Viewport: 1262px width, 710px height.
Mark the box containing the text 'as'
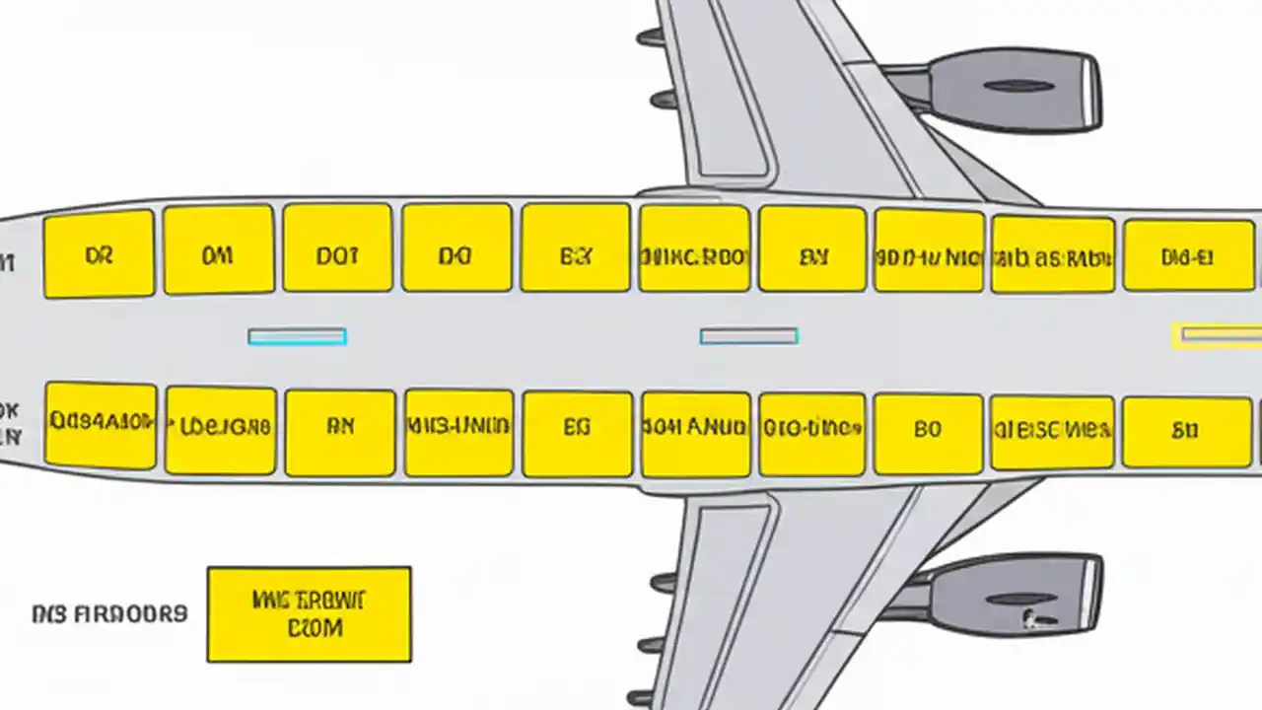[1052, 255]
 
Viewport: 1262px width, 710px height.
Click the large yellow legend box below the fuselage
[309, 613]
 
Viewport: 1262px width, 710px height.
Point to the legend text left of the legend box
[109, 613]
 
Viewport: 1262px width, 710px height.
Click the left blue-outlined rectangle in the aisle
[297, 337]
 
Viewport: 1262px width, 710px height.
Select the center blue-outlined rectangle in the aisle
[748, 337]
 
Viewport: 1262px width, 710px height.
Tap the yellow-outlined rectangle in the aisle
[1219, 335]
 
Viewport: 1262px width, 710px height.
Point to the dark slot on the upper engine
[1018, 87]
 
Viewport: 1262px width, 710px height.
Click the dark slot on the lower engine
[1018, 599]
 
